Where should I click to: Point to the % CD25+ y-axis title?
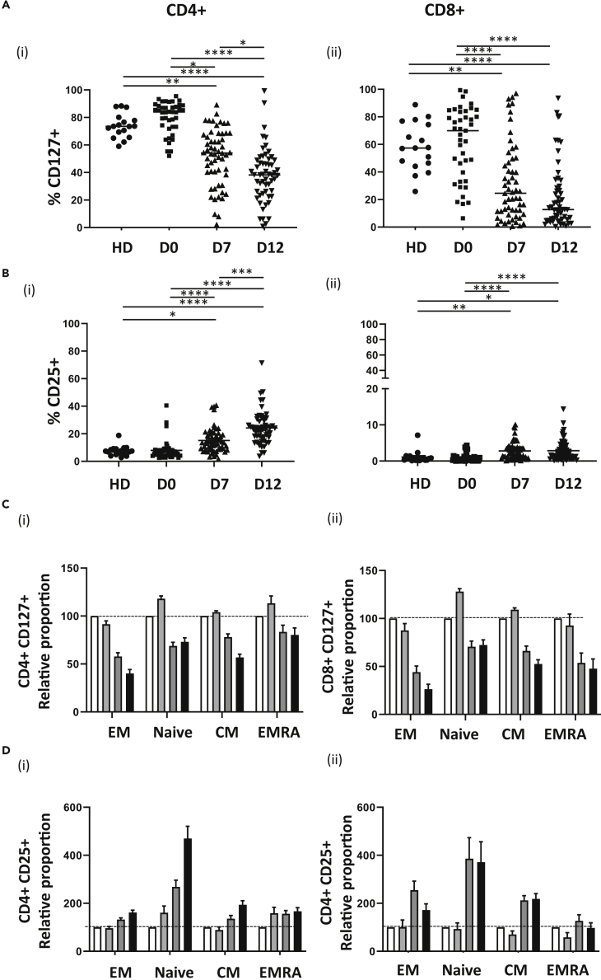[x=55, y=393]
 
